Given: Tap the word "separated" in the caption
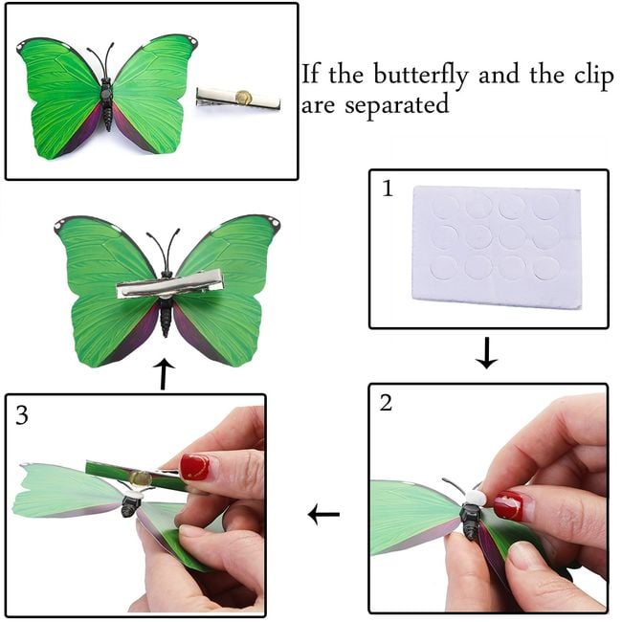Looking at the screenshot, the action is coord(397,105).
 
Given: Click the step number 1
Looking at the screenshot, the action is coord(388,189).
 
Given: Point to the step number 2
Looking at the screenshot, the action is coord(386,403).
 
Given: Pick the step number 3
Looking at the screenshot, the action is coord(22,415).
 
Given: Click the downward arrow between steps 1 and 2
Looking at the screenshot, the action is coord(486,353).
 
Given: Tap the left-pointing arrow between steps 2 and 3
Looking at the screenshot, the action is coord(323,515).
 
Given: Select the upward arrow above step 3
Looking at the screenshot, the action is coord(164,374).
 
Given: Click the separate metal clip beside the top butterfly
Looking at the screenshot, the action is coord(238,99).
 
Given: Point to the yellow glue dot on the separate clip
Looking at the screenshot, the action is coord(243,97).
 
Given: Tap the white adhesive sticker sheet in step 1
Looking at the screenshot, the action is coord(497,247).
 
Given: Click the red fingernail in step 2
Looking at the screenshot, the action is coord(509,505).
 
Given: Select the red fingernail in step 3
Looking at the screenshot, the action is coord(194,467).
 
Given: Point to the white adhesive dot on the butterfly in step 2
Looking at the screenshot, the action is coord(475,497).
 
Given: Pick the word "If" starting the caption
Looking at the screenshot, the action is coord(310,74).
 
